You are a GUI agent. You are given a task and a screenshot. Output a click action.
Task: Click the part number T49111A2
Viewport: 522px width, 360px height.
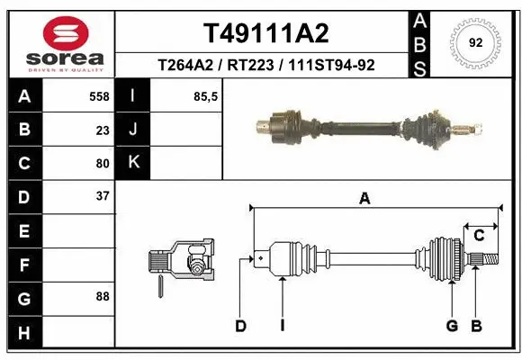point(265,33)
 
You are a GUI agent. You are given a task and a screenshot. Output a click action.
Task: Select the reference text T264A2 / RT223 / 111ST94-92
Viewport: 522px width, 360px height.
point(265,65)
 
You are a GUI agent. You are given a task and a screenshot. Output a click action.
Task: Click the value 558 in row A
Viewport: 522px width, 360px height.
point(98,94)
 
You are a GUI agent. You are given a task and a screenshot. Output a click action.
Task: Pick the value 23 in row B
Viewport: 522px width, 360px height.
point(103,129)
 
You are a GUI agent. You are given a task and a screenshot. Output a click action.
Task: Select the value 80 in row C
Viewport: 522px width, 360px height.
point(103,163)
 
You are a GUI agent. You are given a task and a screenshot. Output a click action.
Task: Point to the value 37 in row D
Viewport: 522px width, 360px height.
point(103,196)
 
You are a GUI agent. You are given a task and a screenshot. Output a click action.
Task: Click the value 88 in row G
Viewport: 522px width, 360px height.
point(103,295)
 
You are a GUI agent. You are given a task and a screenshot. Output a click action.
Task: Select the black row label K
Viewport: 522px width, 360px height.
point(134,163)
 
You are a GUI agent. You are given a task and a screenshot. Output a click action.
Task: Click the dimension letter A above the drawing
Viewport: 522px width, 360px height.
point(364,199)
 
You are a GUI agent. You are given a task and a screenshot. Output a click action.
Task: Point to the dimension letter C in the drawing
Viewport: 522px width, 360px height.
point(480,235)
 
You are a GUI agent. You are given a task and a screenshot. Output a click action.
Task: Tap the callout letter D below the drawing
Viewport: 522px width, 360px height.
point(240,326)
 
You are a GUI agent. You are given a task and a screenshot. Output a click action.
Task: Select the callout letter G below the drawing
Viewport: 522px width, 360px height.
point(452,326)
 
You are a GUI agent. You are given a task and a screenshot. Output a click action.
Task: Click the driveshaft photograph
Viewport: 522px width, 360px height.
point(360,126)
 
